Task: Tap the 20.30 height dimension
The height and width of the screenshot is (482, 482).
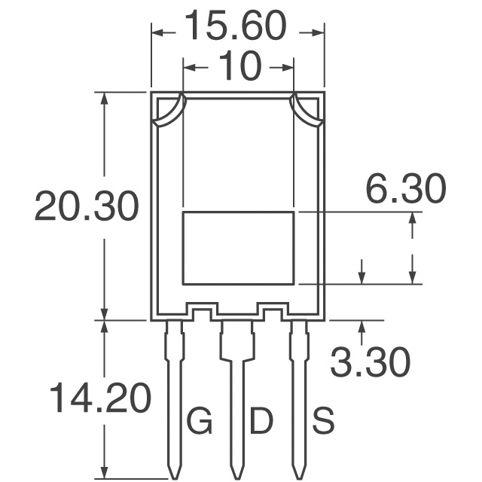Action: (x=87, y=206)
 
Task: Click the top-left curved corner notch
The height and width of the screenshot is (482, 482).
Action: (x=169, y=111)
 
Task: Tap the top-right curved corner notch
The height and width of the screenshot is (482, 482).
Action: (x=307, y=111)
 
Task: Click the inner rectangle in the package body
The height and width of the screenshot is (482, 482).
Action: (x=238, y=248)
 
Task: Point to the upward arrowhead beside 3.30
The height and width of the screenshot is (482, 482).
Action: (x=363, y=326)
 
